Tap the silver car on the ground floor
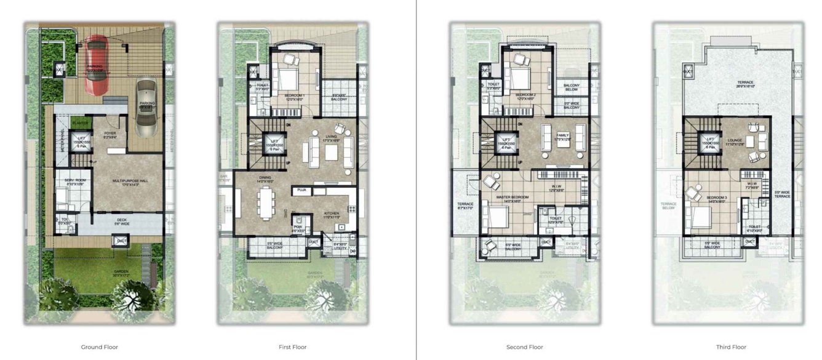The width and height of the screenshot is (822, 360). tap(146, 107)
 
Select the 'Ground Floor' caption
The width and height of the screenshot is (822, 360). tap(99, 347)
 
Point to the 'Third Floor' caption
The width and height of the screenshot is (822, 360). tap(731, 347)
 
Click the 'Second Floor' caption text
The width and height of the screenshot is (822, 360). tap(524, 347)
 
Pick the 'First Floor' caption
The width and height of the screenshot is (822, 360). tap(292, 347)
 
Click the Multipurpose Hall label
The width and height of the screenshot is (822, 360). tap(128, 181)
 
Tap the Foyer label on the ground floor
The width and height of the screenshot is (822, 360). tap(110, 133)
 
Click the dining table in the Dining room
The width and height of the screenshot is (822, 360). tap(266, 203)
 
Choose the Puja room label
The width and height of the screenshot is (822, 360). tap(301, 191)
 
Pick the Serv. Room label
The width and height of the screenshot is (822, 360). tap(74, 180)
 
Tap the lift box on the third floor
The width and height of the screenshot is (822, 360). tap(711, 142)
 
